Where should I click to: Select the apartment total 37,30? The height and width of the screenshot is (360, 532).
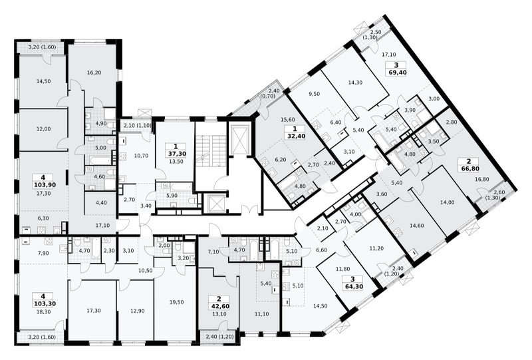click(x=176, y=154)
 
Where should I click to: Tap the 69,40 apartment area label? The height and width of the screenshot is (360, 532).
click(x=398, y=73)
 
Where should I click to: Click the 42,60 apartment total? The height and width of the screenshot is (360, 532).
click(x=219, y=306)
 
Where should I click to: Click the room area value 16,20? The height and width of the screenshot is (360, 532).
click(x=94, y=73)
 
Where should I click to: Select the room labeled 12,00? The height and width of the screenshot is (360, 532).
click(x=43, y=129)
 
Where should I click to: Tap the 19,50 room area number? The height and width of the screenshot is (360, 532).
click(x=177, y=302)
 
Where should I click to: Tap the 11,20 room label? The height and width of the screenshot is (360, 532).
click(x=376, y=249)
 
